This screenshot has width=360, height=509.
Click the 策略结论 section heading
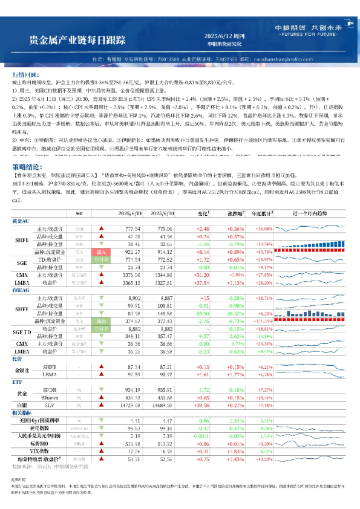point(28,166)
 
